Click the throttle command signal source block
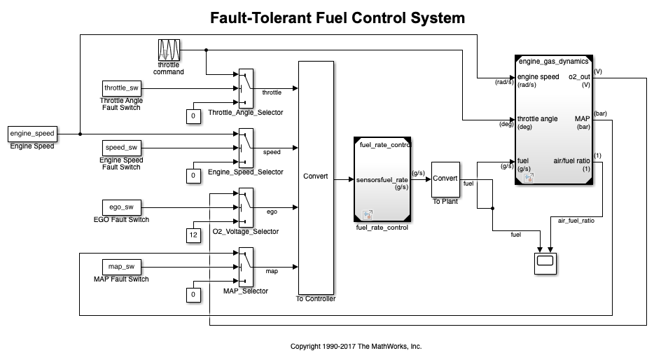coord(169,51)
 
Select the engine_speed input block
coord(32,133)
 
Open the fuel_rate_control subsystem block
coord(383,179)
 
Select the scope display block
coord(544,263)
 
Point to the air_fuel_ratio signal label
coord(576,221)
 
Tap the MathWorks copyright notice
coord(356,346)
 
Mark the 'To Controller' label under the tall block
coord(316,299)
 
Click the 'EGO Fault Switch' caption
coord(125,220)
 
